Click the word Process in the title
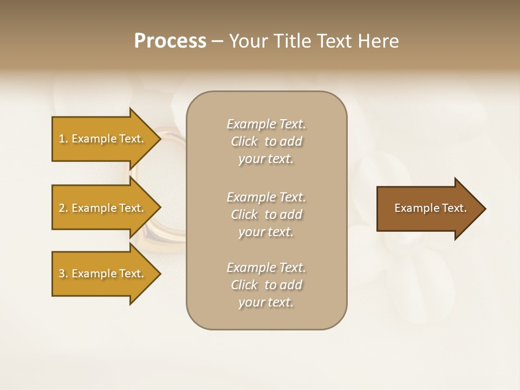pyautogui.click(x=170, y=41)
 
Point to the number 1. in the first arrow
pyautogui.click(x=63, y=139)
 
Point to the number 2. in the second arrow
pyautogui.click(x=63, y=208)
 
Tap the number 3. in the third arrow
pyautogui.click(x=63, y=274)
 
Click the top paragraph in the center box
pyautogui.click(x=266, y=141)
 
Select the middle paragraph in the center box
pyautogui.click(x=266, y=214)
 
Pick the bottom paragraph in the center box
pyautogui.click(x=266, y=285)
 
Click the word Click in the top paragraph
pyautogui.click(x=244, y=141)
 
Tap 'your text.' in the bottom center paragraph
pyautogui.click(x=266, y=302)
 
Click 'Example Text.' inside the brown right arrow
pyautogui.click(x=430, y=208)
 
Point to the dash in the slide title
pyautogui.click(x=217, y=41)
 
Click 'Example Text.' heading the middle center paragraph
pyautogui.click(x=266, y=197)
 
